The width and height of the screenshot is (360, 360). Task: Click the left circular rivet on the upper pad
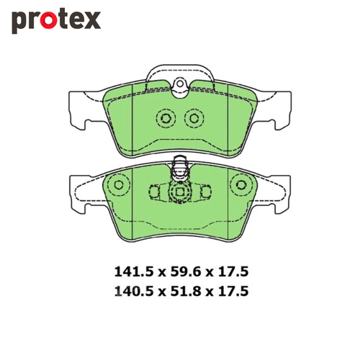(x=165, y=119)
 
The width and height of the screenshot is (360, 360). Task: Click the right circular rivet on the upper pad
(x=194, y=119)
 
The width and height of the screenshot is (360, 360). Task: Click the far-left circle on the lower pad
(x=112, y=186)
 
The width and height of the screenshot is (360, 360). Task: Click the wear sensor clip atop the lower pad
(x=179, y=171)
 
